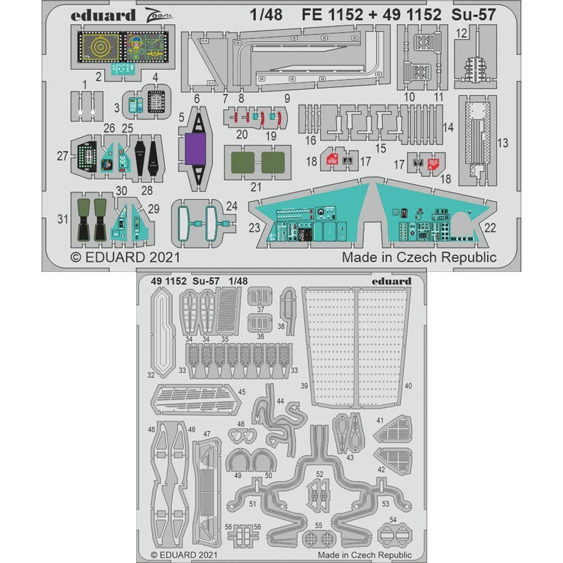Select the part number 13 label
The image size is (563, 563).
[502, 143]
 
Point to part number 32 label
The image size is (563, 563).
[151, 374]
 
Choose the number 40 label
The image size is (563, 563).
[408, 386]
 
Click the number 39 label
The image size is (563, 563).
[305, 386]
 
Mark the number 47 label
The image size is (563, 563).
[207, 434]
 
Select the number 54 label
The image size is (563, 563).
[393, 519]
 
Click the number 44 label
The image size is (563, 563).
[280, 401]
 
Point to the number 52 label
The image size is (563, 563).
[319, 474]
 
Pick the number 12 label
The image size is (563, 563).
[461, 33]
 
